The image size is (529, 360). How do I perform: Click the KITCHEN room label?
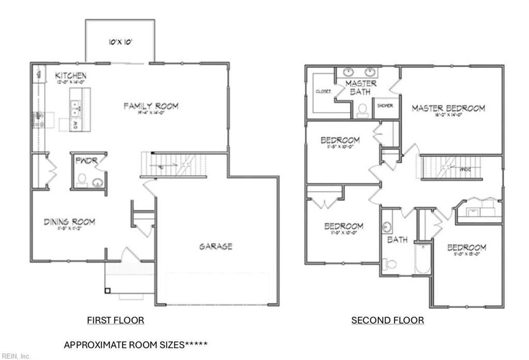71,76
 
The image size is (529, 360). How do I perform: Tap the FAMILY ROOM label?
151,106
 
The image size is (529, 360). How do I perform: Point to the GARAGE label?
215,246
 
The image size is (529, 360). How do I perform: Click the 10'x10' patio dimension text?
120,42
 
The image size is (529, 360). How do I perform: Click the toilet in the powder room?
81,180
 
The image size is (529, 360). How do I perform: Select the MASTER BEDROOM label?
448,108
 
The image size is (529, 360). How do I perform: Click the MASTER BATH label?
361,87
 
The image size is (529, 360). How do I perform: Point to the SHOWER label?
385,105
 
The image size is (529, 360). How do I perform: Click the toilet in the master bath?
363,110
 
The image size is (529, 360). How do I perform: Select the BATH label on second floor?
397,240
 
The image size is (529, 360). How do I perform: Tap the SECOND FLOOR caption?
387,320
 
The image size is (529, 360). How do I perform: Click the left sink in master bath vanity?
346,72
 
